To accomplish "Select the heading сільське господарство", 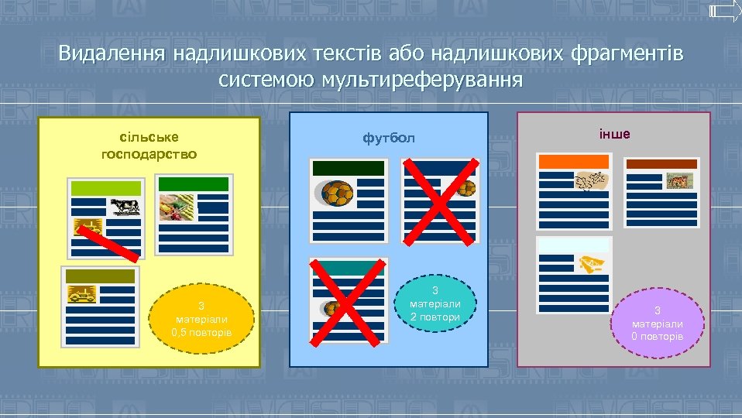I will [149, 145].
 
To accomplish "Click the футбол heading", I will [389, 139].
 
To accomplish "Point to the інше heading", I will [614, 134].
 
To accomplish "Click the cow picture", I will [124, 205].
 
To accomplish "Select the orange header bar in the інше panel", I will [574, 161].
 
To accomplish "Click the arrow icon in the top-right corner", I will [725, 12].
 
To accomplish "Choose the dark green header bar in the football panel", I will [348, 168].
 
